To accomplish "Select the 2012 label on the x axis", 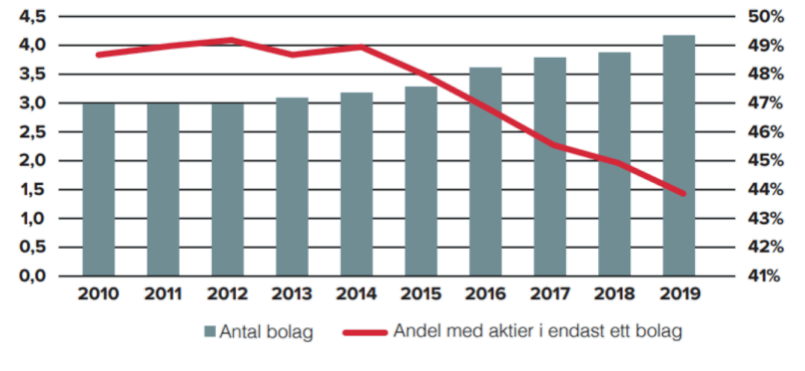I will [x=228, y=294].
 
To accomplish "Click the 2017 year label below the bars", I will [x=550, y=294].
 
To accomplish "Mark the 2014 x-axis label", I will [x=357, y=294].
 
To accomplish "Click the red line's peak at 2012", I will [x=229, y=39].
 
